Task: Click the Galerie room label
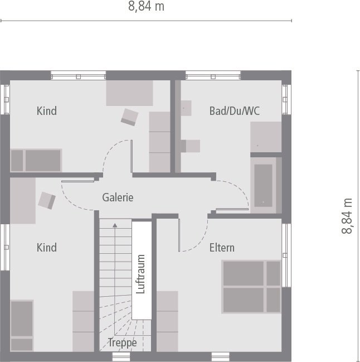pyautogui.click(x=118, y=197)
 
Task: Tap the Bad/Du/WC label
pyautogui.click(x=234, y=111)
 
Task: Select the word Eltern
pyautogui.click(x=222, y=247)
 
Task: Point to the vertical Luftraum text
pyautogui.click(x=140, y=274)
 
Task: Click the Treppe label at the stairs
pyautogui.click(x=122, y=342)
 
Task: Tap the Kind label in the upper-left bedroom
pyautogui.click(x=47, y=111)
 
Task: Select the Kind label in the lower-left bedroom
pyautogui.click(x=47, y=247)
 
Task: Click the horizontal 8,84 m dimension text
pyautogui.click(x=146, y=7)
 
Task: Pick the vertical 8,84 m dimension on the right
pyautogui.click(x=347, y=216)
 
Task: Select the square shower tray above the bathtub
pyautogui.click(x=266, y=137)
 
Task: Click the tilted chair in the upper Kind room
pyautogui.click(x=130, y=117)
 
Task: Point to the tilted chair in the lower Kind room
pyautogui.click(x=46, y=200)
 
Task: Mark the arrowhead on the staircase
pyautogui.click(x=115, y=225)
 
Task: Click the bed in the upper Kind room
pyautogui.click(x=36, y=160)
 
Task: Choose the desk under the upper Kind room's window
pyautogui.click(x=130, y=93)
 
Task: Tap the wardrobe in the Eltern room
pyautogui.click(x=167, y=321)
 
